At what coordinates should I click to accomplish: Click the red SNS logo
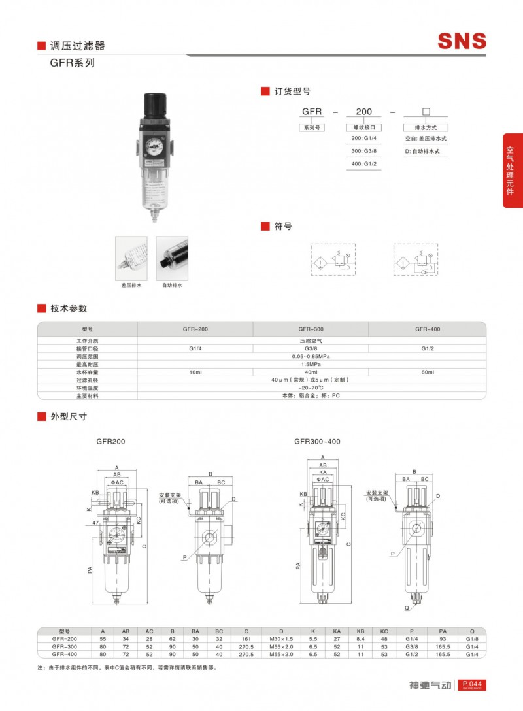tap(462, 41)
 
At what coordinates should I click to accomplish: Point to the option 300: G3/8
tap(364, 151)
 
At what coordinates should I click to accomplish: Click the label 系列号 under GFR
tap(311, 128)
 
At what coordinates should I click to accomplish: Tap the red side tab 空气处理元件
tap(512, 171)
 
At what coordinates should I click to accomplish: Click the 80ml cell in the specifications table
tap(428, 372)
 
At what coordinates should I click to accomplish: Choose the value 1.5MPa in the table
tap(311, 364)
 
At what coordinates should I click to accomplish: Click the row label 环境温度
tap(87, 388)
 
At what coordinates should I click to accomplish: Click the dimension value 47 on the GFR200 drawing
tap(95, 523)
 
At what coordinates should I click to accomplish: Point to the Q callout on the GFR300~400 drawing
tap(407, 607)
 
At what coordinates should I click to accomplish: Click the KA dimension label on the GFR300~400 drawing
tap(323, 471)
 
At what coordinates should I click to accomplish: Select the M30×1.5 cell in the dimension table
tap(282, 638)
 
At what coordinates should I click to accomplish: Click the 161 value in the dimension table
tap(246, 638)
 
